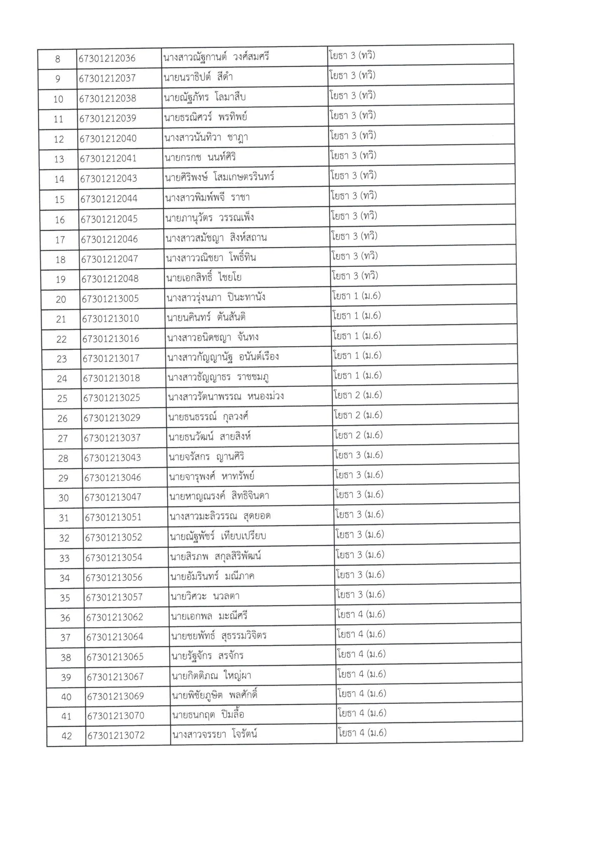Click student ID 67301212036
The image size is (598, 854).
[x=107, y=58]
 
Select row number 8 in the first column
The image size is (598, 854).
[x=58, y=59]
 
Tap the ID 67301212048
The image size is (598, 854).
[x=110, y=279]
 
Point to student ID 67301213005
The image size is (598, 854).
[x=110, y=299]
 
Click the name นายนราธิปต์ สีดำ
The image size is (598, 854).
[x=198, y=77]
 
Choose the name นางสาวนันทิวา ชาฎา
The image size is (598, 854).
[x=206, y=137]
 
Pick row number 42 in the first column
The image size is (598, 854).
[x=67, y=736]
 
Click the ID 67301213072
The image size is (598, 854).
[x=116, y=735]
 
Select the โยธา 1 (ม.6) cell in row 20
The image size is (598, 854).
[x=357, y=296]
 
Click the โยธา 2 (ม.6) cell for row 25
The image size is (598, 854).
[x=358, y=395]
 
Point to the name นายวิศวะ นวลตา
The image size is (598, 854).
[x=205, y=596]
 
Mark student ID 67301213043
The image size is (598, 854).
[x=113, y=458]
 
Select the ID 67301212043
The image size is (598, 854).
[x=109, y=178]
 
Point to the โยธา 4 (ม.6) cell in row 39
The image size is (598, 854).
[x=361, y=674]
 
